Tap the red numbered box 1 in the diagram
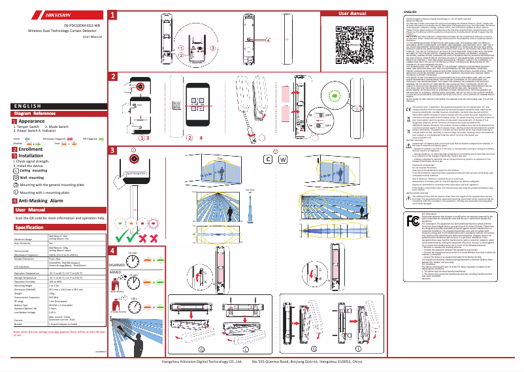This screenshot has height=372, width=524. [113, 14]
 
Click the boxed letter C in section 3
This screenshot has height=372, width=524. [267, 159]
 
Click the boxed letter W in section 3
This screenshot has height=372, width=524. [283, 159]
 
